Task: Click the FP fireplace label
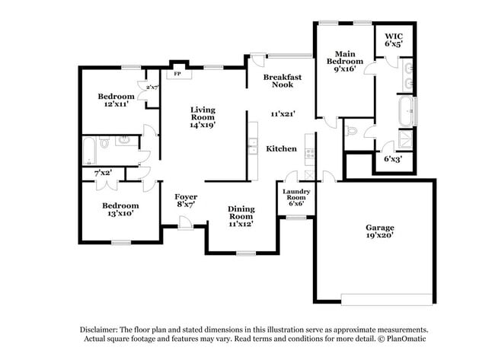(177, 74)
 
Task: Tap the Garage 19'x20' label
(380, 231)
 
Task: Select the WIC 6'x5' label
(394, 40)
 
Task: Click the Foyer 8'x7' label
(186, 201)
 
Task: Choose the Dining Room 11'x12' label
(241, 216)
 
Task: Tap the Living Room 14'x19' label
(203, 117)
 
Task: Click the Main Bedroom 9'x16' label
(345, 62)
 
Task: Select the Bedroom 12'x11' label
(117, 100)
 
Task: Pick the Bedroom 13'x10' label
(120, 209)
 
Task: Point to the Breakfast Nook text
(283, 81)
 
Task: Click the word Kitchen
(281, 148)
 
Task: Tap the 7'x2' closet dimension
(104, 173)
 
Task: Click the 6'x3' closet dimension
(393, 159)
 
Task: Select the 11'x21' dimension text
(283, 113)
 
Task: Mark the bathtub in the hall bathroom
(89, 151)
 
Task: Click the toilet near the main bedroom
(350, 130)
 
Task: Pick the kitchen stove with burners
(309, 154)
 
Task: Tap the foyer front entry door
(186, 224)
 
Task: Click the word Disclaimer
(99, 330)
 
